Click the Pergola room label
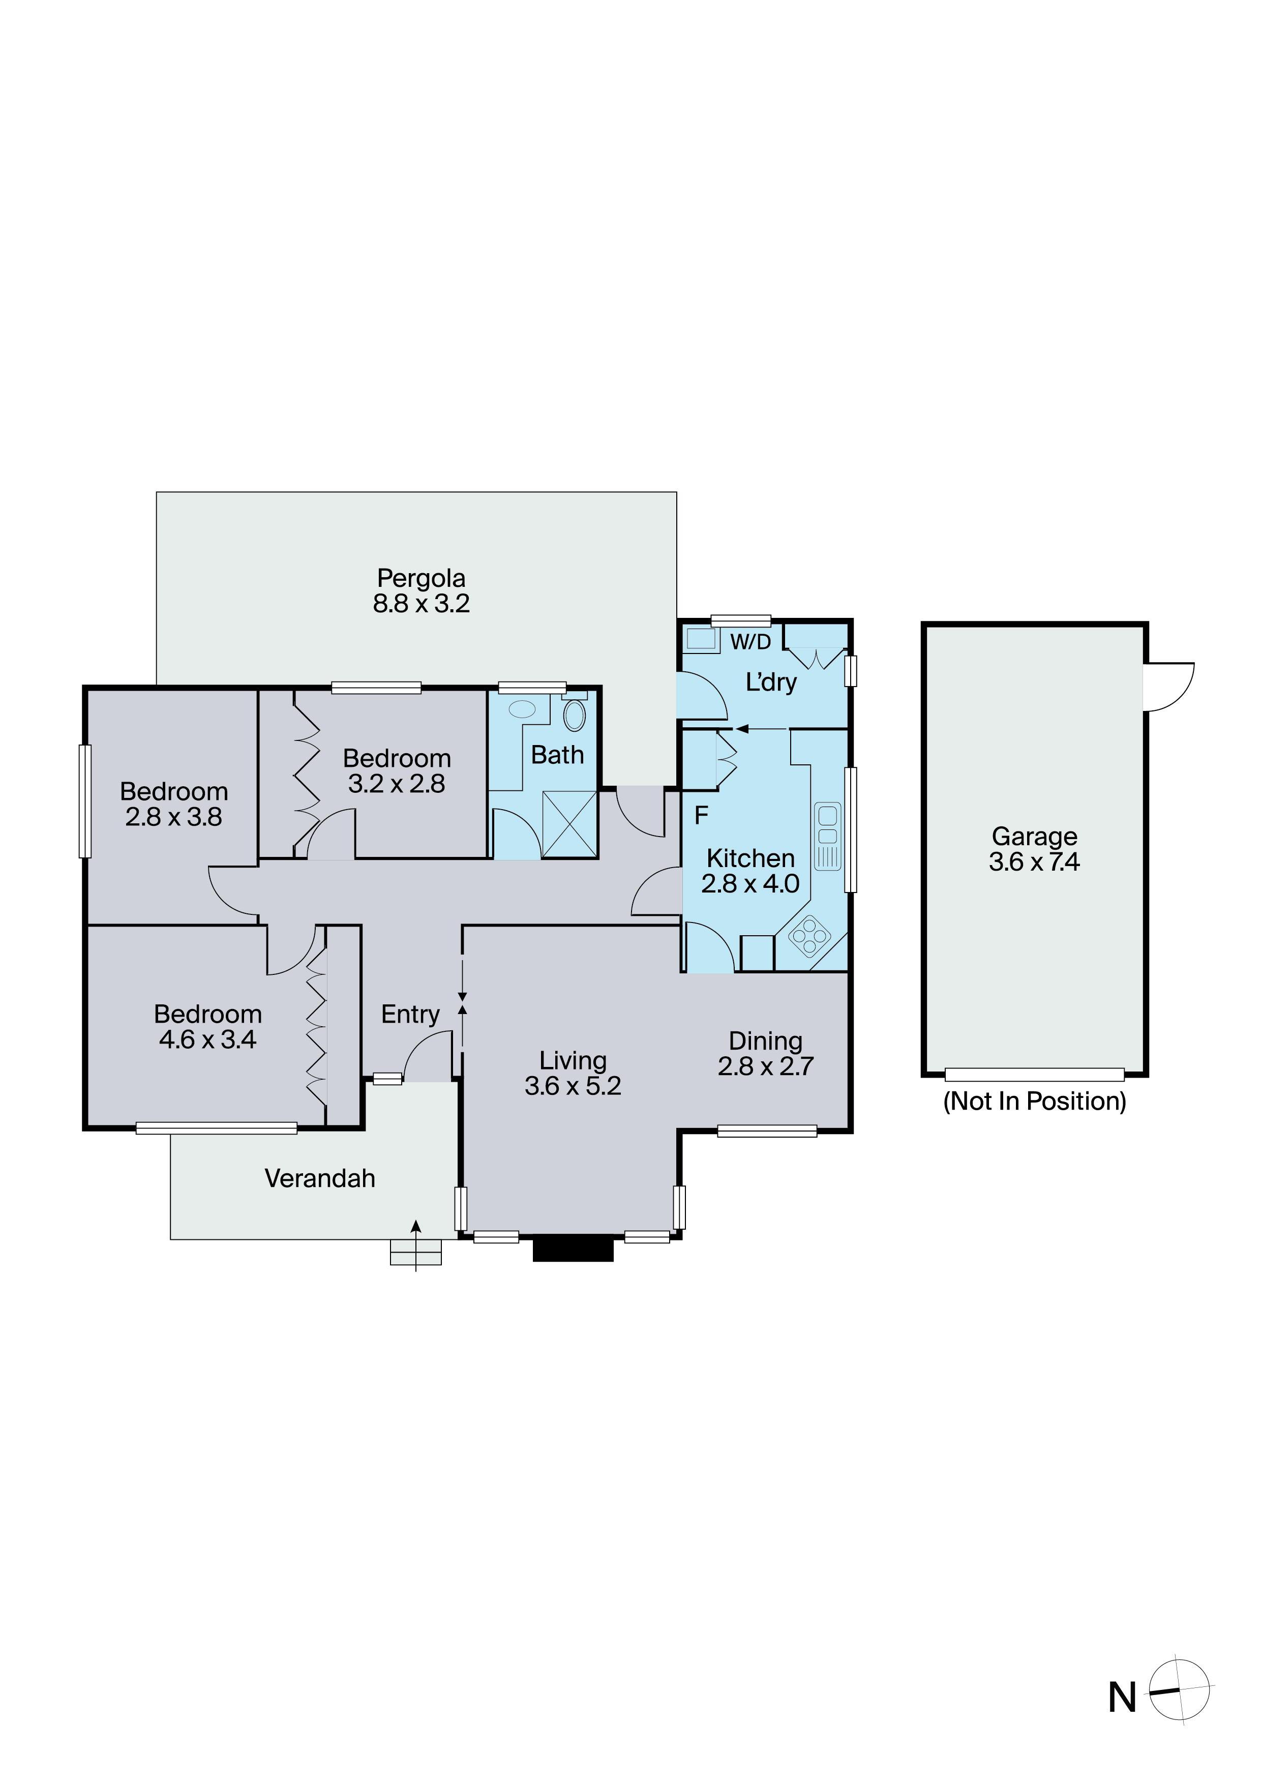point(421,578)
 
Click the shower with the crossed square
point(569,824)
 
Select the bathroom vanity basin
point(522,708)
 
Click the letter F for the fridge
point(701,815)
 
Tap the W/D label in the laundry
point(750,642)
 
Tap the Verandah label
point(320,1179)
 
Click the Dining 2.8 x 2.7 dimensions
point(765,1066)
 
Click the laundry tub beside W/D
point(702,639)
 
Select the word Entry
point(410,1015)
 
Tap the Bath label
point(557,755)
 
